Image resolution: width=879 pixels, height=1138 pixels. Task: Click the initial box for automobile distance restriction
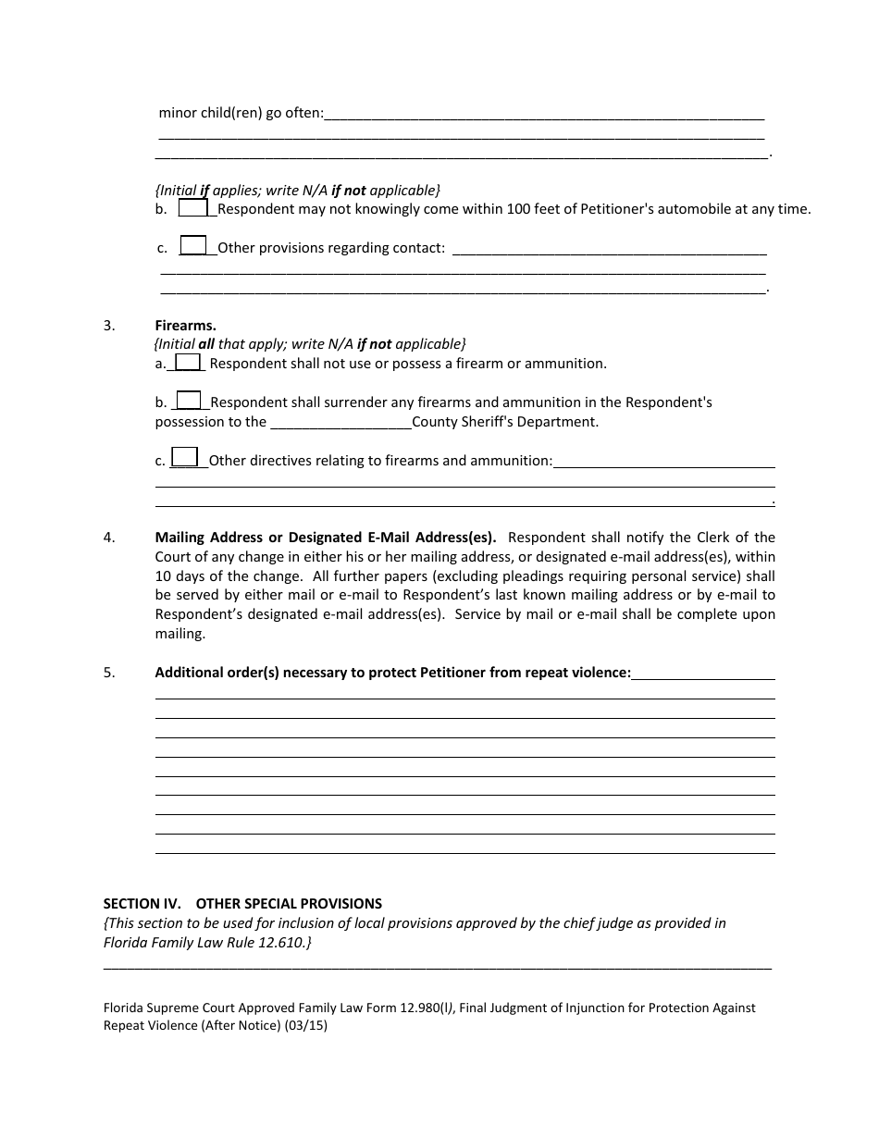tap(193, 208)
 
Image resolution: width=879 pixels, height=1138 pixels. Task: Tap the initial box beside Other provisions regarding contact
tap(193, 246)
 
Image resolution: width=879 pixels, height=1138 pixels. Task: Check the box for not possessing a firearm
tap(188, 363)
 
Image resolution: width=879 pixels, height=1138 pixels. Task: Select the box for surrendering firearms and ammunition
tap(189, 401)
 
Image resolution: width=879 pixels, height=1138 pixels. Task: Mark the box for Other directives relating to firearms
tap(185, 458)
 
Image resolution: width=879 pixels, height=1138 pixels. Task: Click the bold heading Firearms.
tap(185, 325)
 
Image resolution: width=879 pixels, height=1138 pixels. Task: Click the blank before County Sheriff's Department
tap(340, 423)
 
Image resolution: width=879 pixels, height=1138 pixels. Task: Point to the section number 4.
tap(109, 538)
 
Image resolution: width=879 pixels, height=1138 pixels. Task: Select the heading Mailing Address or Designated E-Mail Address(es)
tap(325, 538)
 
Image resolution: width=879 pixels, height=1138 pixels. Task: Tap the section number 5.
tap(109, 673)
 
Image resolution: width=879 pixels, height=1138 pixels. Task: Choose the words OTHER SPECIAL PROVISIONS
tap(289, 903)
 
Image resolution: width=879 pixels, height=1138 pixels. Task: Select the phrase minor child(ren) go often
tap(241, 113)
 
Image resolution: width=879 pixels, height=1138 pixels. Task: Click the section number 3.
tap(109, 325)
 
